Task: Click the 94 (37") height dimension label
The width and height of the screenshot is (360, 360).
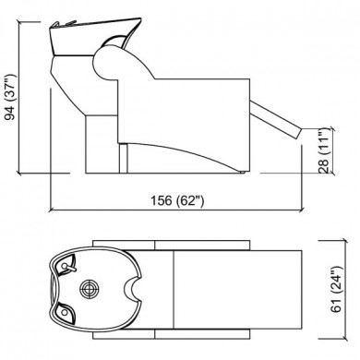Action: click(10, 97)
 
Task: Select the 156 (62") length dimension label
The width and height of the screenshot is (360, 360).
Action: click(177, 200)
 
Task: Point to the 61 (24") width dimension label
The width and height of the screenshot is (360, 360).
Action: click(337, 289)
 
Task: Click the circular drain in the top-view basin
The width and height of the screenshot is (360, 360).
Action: click(90, 289)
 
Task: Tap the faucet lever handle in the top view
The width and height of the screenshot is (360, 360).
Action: click(68, 268)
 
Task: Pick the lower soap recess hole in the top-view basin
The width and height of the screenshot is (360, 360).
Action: click(65, 312)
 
